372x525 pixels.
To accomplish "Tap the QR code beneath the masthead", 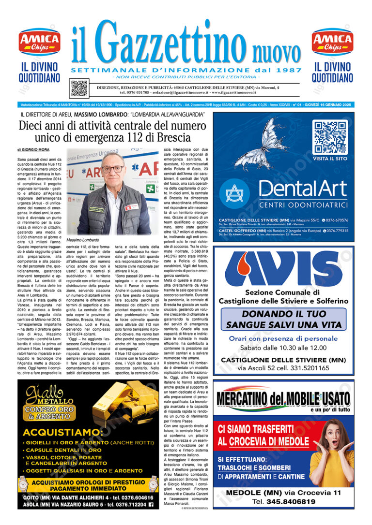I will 79,88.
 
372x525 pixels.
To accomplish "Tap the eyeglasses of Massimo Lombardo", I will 112,170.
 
